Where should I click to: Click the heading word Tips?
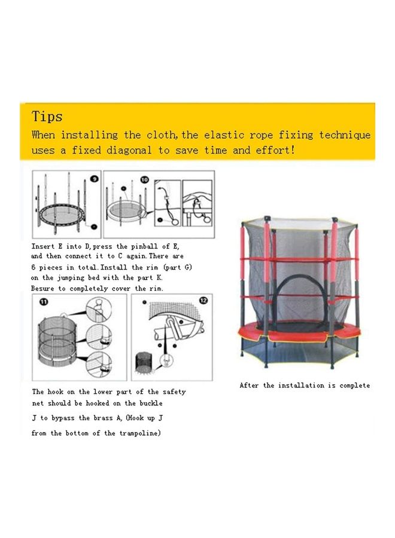(47, 117)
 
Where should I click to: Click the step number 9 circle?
(94, 179)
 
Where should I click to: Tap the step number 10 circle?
(145, 180)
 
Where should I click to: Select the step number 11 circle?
(44, 302)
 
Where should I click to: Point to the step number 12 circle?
(203, 301)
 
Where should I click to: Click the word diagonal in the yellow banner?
(129, 150)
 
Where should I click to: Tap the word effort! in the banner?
(275, 150)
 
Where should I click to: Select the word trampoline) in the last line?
(140, 433)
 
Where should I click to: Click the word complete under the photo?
(354, 386)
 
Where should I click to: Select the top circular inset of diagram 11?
(99, 310)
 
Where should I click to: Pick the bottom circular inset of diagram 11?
(99, 365)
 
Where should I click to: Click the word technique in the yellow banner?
(345, 135)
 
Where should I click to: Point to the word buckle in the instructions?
(151, 403)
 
